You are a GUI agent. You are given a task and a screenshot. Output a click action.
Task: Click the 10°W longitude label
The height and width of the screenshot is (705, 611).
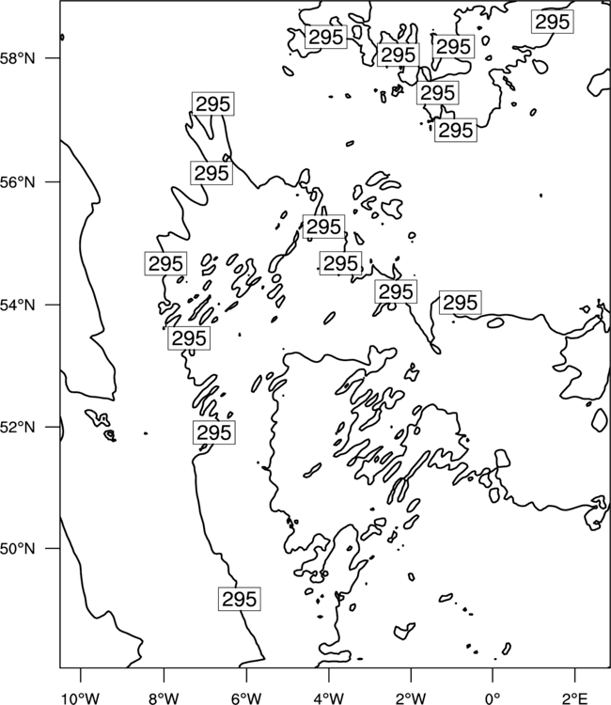81,698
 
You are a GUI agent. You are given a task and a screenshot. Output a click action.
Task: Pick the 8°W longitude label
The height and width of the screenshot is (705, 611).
164,698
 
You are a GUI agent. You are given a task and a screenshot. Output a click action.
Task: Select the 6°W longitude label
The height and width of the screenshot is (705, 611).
246,698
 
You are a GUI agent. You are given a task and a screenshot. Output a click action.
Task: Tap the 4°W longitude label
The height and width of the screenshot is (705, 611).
328,698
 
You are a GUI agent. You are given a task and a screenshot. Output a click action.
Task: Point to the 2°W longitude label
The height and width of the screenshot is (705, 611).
411,698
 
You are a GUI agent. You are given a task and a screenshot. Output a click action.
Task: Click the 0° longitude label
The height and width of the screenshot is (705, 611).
493,698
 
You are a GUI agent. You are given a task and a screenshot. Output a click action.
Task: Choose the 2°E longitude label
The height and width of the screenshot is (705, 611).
575,698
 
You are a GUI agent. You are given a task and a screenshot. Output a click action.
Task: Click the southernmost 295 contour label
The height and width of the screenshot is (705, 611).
239,599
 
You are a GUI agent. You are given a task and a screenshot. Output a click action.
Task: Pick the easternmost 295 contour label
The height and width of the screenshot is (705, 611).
553,22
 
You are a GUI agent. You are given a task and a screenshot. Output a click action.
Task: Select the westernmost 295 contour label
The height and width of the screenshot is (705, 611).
165,263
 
